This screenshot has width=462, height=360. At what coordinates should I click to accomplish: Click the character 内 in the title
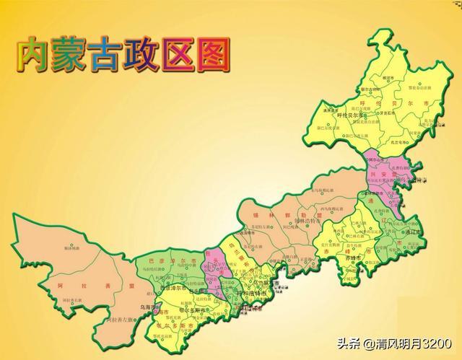(x=35, y=55)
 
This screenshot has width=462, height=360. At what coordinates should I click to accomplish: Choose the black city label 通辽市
(x=415, y=233)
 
